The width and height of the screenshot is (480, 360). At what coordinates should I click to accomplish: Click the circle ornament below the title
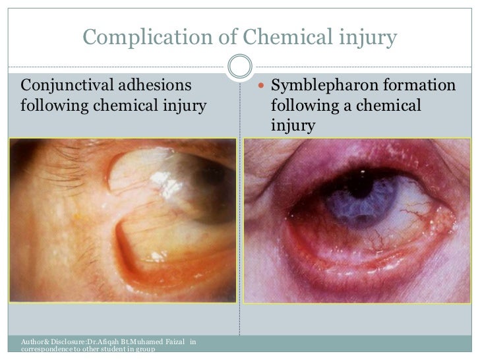[239, 65]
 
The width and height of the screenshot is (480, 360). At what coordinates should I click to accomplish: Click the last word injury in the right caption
[290, 124]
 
